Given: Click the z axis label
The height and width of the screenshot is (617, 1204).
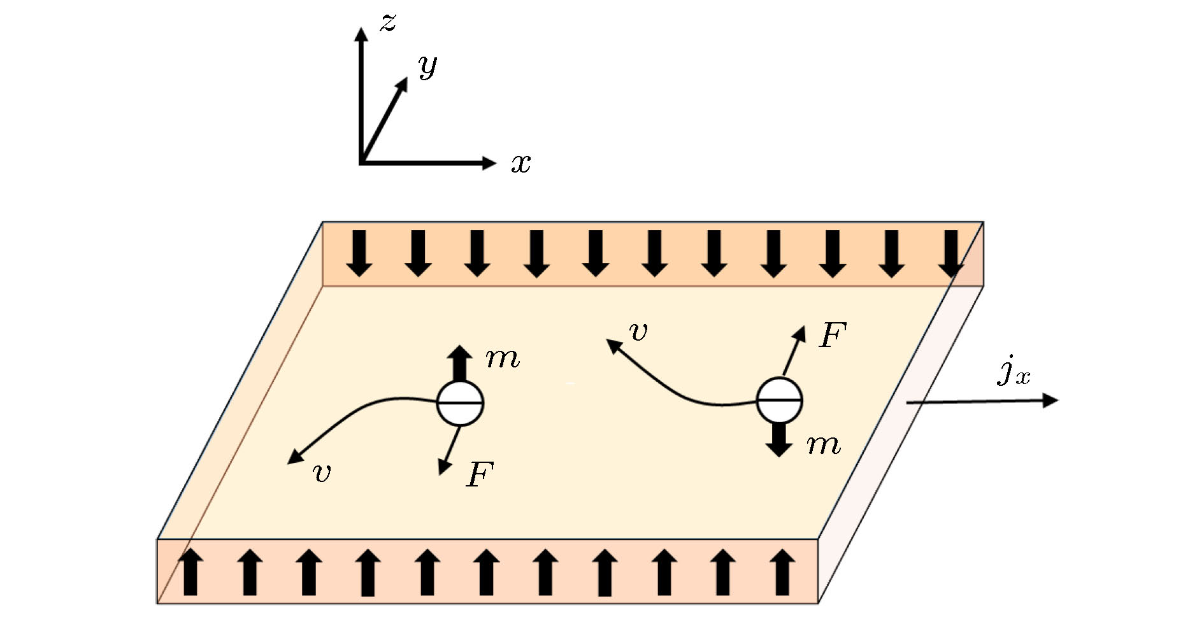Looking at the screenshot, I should [388, 23].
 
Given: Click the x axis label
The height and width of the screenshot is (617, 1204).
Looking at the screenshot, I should [520, 164].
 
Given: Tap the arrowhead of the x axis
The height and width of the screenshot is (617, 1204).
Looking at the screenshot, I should [490, 163].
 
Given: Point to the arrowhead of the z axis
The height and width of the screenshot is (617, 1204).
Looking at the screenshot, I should [361, 34].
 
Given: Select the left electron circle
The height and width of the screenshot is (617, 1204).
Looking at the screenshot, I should [460, 403].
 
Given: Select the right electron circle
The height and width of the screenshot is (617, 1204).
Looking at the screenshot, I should [778, 401].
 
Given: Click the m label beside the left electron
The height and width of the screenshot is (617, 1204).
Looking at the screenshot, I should [503, 358].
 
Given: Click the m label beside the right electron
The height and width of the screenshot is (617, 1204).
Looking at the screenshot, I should [824, 444].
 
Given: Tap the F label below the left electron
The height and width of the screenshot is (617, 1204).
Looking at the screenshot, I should [480, 474].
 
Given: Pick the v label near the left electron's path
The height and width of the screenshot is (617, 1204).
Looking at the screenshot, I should [322, 472].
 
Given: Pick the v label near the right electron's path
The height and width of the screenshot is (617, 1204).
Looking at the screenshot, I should [638, 332].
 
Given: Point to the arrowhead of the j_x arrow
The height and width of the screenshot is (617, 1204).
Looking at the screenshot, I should [1050, 400].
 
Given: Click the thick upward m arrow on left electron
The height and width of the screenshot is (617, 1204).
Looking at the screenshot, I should [459, 363].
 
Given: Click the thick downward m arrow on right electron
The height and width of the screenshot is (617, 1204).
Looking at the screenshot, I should [778, 439].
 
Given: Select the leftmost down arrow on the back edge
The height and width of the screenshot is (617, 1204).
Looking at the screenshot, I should [359, 253].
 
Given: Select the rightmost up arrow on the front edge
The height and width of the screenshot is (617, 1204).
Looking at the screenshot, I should [782, 572].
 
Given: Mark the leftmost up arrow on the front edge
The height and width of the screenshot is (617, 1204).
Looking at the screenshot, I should [190, 572].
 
